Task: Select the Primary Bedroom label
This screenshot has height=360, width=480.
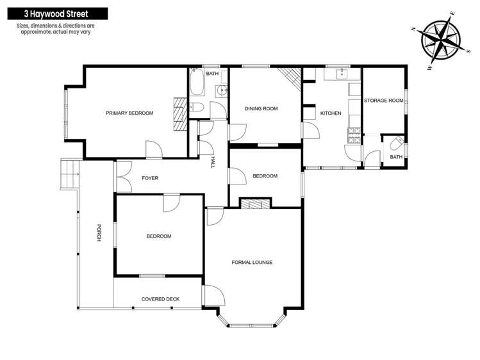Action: point(129,113)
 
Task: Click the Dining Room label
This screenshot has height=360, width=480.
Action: point(261,109)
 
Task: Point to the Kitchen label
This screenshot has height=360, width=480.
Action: point(331,113)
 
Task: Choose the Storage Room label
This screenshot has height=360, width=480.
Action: point(383,101)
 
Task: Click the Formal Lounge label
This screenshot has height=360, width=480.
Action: point(252,262)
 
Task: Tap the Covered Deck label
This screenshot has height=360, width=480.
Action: point(161,299)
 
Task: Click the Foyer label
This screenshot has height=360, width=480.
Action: point(149,178)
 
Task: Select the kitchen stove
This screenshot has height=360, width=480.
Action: point(353,135)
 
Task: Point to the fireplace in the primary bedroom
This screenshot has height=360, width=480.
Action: point(179,108)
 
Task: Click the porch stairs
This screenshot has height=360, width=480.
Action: point(69,171)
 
